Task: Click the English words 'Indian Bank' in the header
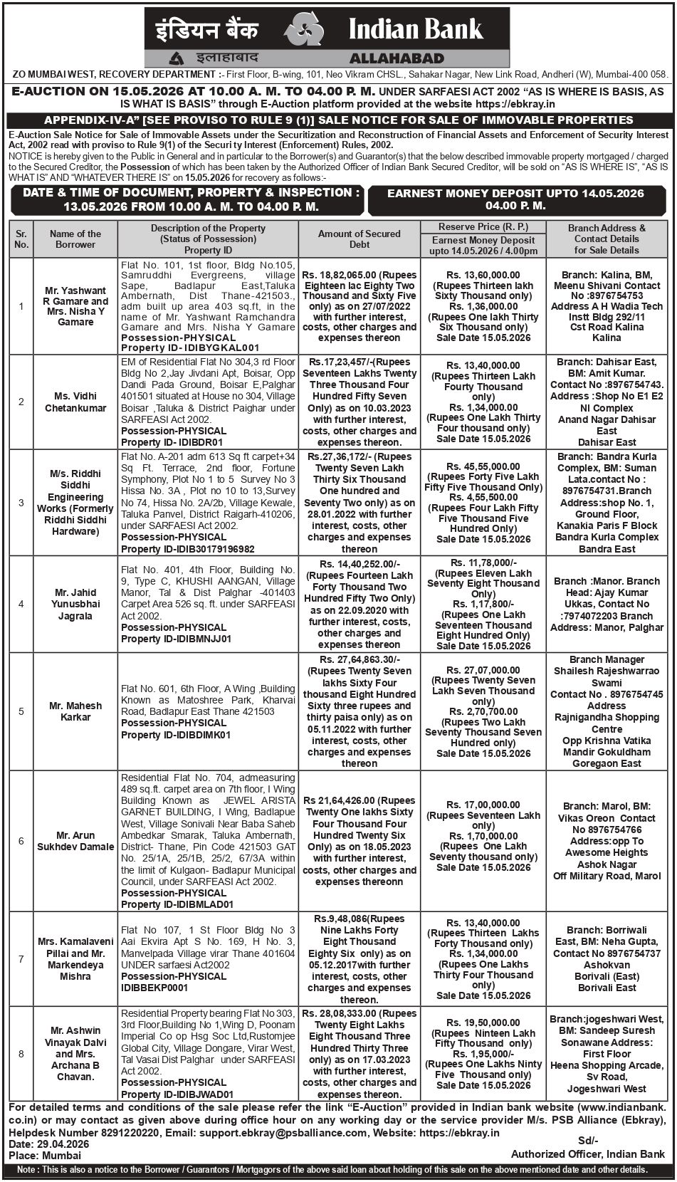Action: (416, 29)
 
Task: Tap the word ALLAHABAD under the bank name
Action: (397, 58)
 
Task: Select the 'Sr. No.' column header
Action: (21, 239)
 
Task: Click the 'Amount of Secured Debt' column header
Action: (360, 239)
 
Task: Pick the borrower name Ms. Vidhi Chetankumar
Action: (75, 402)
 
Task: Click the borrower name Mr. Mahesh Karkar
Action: (75, 711)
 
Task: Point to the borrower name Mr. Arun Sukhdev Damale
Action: (75, 841)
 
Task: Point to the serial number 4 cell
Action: (21, 604)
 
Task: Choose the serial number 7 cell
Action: (21, 959)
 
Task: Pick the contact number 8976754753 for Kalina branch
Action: (616, 295)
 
